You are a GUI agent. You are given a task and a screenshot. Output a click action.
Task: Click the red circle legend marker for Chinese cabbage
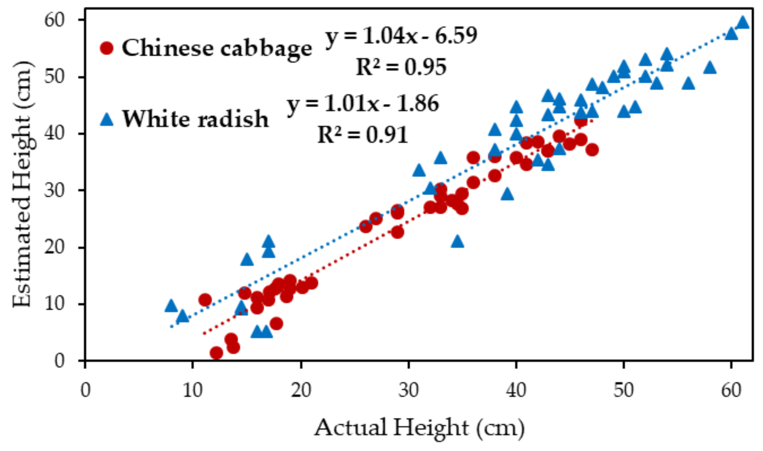click(107, 48)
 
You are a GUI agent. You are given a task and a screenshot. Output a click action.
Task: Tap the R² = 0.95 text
click(401, 67)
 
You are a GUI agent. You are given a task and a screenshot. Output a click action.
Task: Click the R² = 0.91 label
click(363, 135)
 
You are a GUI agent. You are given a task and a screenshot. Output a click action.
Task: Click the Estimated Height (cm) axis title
click(22, 184)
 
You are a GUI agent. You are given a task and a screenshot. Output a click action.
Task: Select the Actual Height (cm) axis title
click(419, 428)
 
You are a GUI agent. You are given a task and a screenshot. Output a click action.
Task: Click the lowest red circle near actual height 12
click(216, 353)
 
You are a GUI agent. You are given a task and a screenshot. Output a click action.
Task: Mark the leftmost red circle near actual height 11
click(205, 300)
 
